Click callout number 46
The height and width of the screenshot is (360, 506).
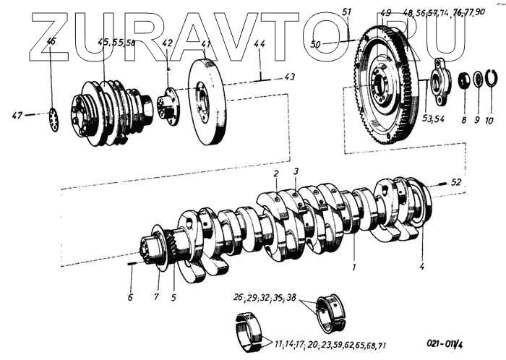coord(51,42)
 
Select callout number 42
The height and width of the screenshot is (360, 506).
coord(167,43)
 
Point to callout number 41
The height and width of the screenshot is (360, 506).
coord(206,44)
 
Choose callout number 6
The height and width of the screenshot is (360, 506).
coord(130,298)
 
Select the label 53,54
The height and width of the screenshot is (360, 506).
coord(434,118)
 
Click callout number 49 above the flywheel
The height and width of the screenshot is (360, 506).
coord(385,13)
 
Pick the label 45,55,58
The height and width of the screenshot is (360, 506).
coord(116,43)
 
